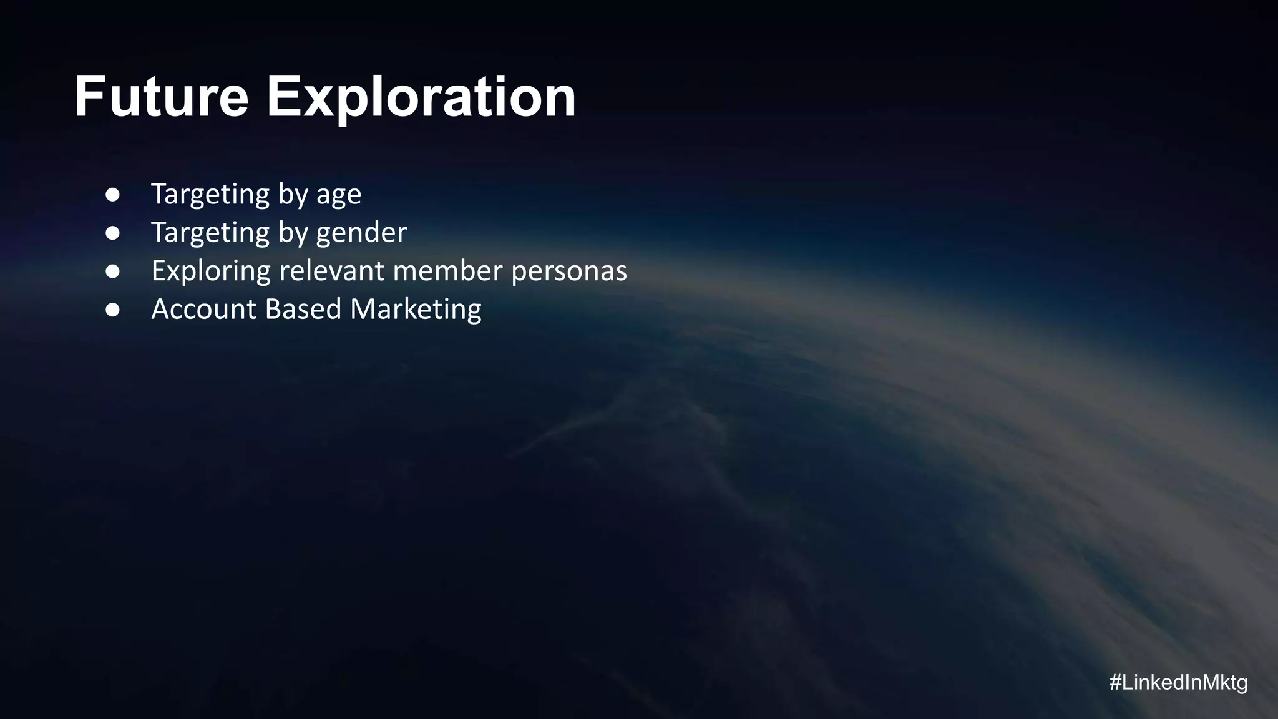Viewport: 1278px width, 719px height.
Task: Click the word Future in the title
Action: click(162, 97)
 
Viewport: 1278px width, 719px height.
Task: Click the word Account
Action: click(203, 310)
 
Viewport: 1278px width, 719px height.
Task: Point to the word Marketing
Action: click(416, 310)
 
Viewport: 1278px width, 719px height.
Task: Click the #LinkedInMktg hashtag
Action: click(1178, 683)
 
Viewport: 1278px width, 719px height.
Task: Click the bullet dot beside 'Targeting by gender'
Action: click(113, 233)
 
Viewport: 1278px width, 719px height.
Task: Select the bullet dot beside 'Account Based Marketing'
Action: click(113, 310)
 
